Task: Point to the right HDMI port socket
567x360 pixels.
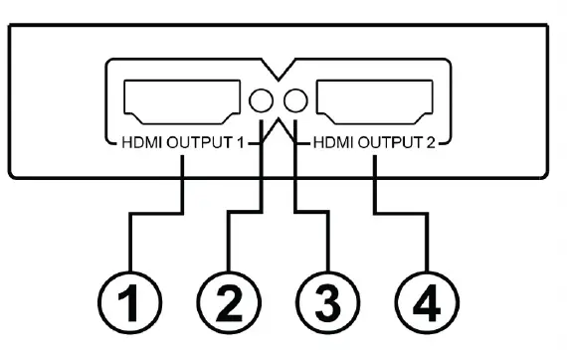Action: [375, 100]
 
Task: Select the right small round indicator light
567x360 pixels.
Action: [294, 100]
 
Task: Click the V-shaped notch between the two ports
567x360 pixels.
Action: [278, 76]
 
